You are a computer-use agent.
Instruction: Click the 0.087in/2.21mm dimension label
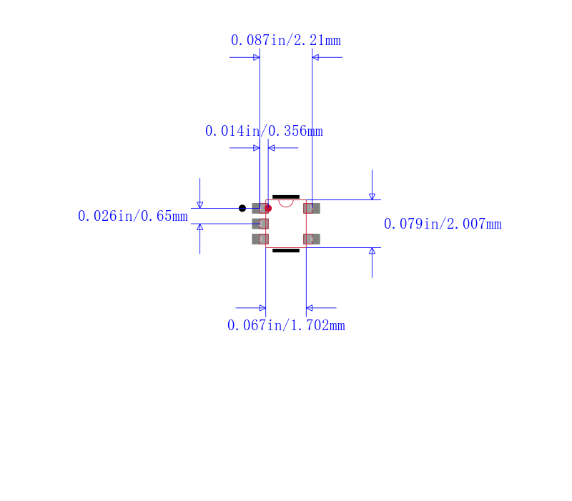[285, 41]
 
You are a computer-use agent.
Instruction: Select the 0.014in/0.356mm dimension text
[263, 132]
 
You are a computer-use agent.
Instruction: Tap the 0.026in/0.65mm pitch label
[132, 216]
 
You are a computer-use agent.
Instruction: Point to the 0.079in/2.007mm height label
[442, 224]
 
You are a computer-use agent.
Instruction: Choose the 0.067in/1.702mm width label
[285, 326]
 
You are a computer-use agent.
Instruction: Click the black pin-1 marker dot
[242, 208]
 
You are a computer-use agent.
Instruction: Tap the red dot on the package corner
[268, 208]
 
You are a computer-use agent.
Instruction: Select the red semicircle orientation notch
[286, 203]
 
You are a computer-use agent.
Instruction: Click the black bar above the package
[286, 196]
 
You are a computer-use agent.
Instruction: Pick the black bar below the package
[286, 251]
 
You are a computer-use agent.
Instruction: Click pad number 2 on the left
[260, 224]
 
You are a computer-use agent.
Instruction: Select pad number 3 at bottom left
[260, 239]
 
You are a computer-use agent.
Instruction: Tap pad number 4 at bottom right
[311, 239]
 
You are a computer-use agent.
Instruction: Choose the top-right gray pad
[311, 208]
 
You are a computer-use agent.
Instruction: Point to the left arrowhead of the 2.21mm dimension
[256, 57]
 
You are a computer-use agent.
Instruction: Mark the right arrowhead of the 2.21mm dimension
[315, 57]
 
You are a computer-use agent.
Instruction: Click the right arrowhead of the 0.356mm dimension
[272, 148]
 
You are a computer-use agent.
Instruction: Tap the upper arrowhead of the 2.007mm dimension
[372, 196]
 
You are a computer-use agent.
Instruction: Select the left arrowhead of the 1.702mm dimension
[262, 308]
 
